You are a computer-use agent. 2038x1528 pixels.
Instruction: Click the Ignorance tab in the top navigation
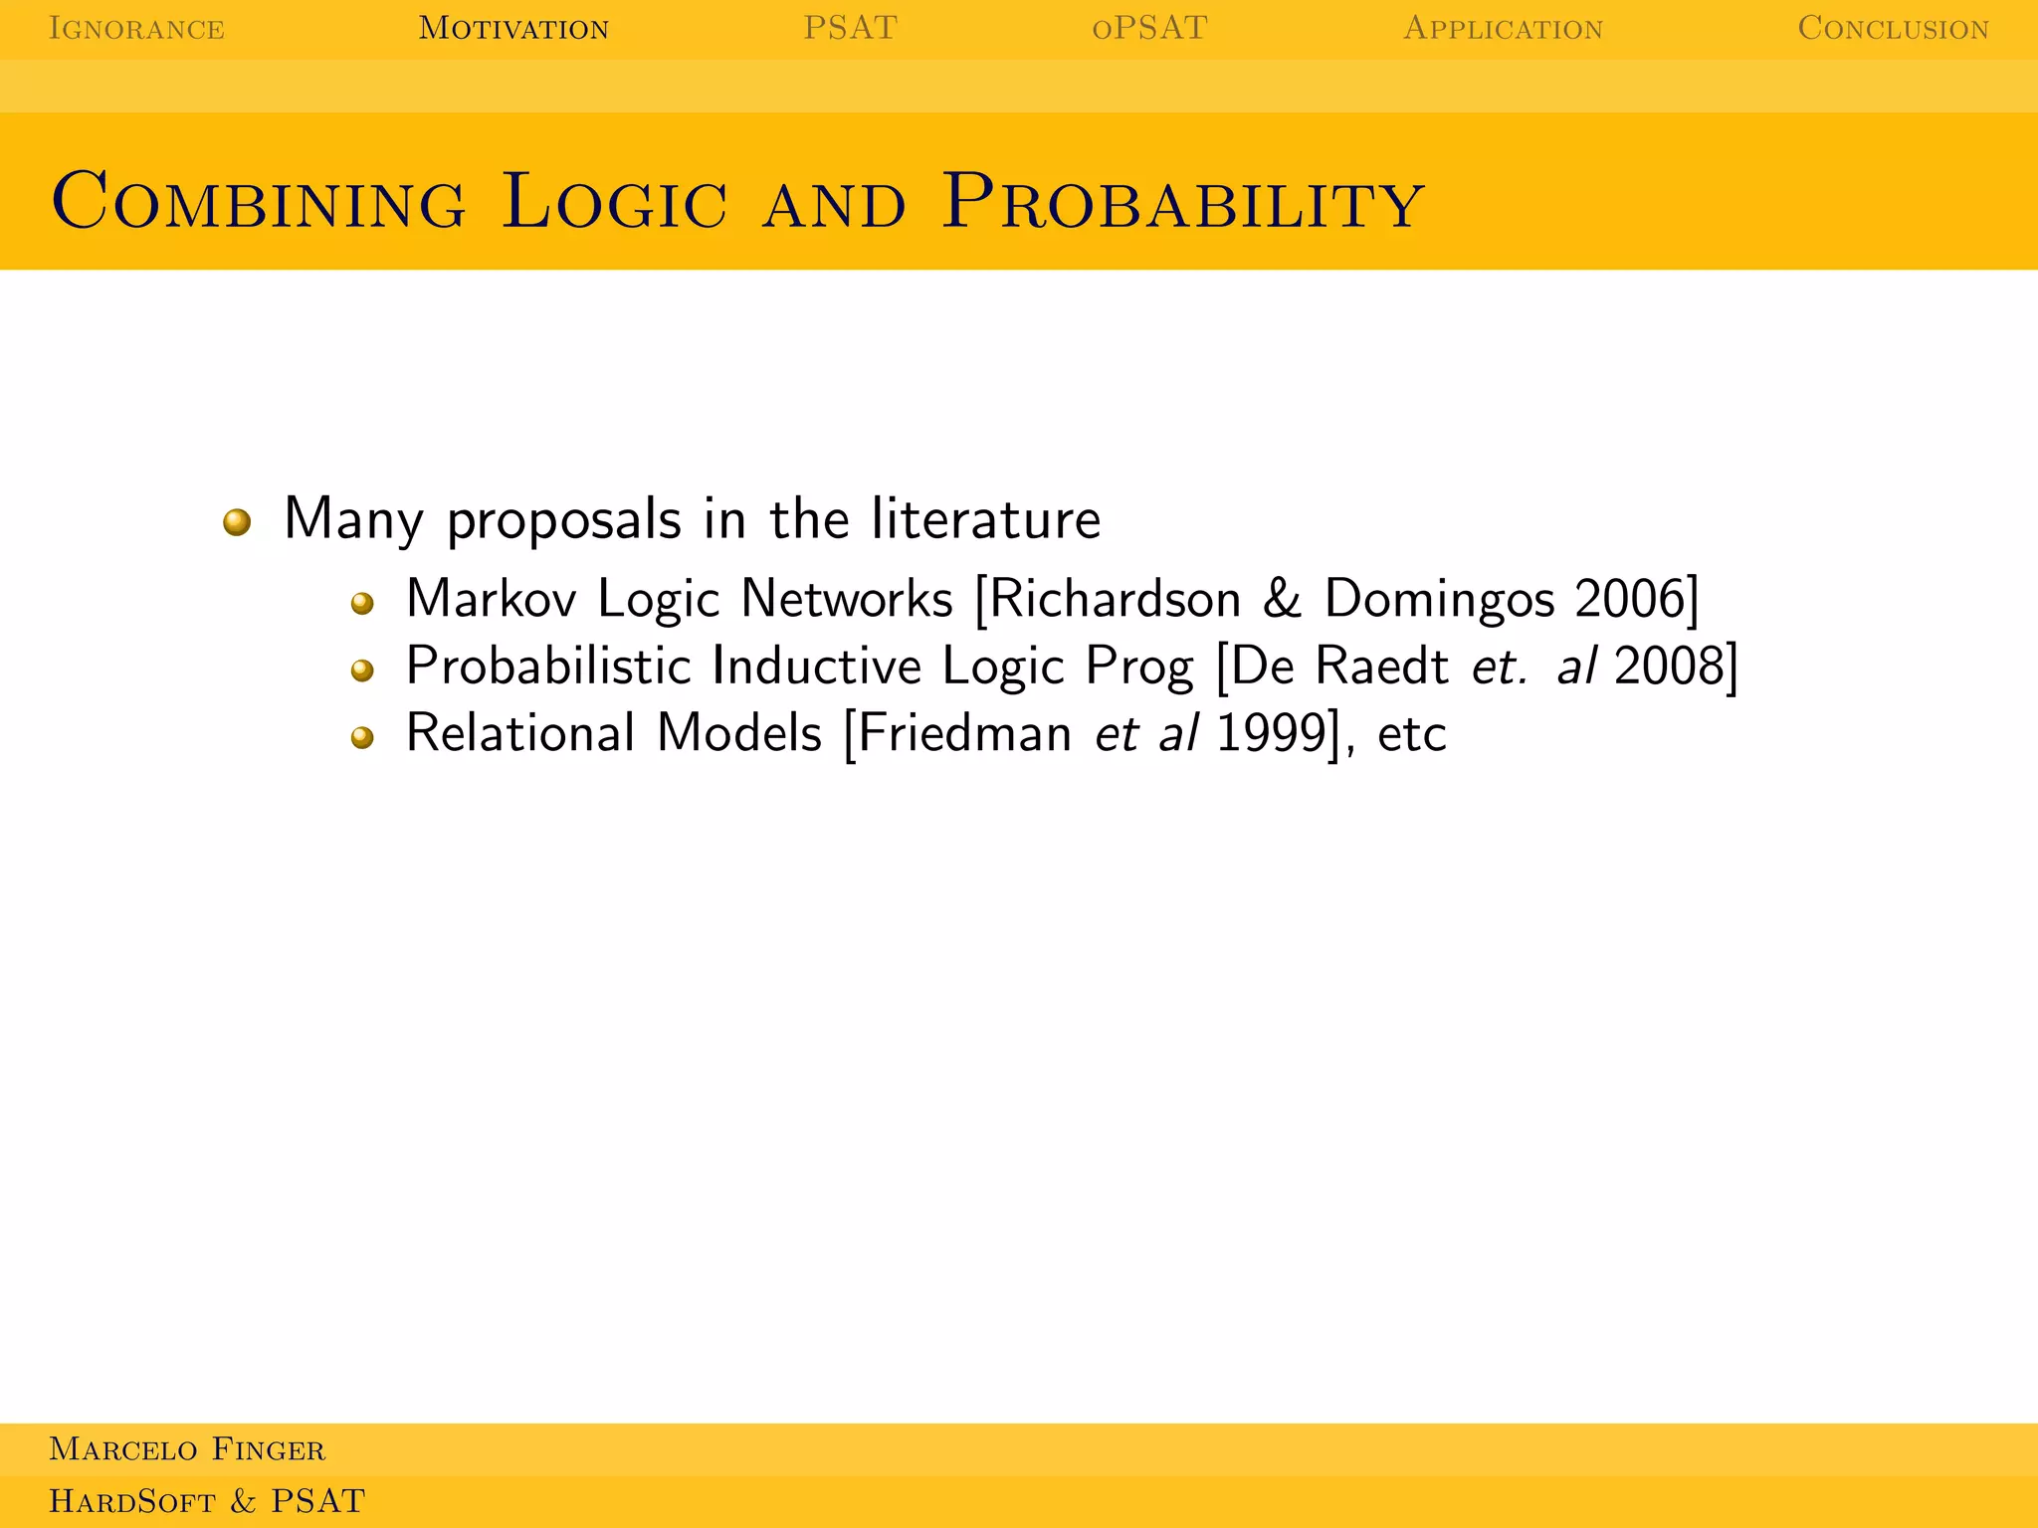point(136,28)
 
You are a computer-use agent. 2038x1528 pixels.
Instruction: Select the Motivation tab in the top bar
point(513,28)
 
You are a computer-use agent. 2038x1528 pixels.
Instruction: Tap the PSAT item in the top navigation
point(850,28)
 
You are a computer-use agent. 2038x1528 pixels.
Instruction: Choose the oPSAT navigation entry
point(1149,28)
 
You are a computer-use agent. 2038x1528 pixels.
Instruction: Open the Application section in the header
point(1503,28)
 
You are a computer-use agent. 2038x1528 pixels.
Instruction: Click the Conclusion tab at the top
point(1893,28)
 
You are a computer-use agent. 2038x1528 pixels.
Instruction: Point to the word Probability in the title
point(1182,202)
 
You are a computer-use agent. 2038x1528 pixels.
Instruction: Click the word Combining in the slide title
point(259,202)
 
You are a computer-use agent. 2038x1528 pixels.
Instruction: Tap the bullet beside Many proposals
point(237,521)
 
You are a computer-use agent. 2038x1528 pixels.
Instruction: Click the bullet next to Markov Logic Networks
point(362,603)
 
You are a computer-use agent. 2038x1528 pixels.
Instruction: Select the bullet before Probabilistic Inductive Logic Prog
point(362,670)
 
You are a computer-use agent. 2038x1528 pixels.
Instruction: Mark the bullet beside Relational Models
point(362,737)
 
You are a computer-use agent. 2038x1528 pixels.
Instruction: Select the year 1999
point(1271,734)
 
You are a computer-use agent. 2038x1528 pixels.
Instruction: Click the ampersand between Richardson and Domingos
point(1283,599)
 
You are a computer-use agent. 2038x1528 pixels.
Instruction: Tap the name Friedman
point(964,734)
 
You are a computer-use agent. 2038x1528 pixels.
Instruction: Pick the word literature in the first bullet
point(985,519)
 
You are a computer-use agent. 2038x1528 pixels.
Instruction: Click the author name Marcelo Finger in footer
point(187,1449)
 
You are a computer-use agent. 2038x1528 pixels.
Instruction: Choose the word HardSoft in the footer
point(132,1501)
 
